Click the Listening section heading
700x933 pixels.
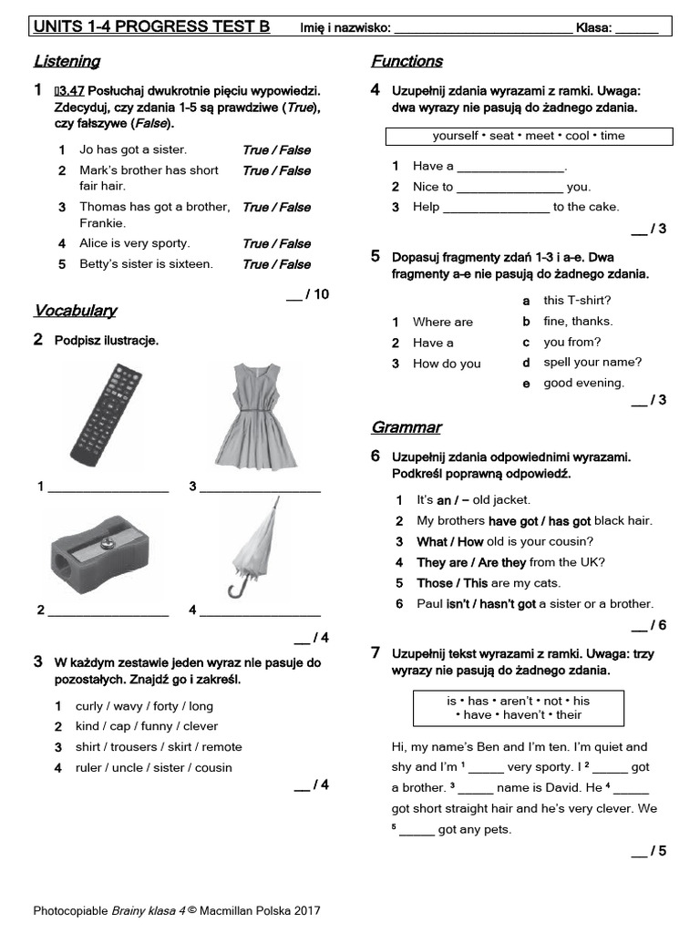coord(67,62)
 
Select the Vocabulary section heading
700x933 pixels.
coord(75,311)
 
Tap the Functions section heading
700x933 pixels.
coord(407,62)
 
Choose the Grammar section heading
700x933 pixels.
coord(406,427)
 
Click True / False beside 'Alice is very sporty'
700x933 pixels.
coord(276,244)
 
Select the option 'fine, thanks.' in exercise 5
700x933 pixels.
coord(578,321)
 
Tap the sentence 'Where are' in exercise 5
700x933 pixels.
coord(443,322)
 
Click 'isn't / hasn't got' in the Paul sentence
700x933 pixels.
coord(490,604)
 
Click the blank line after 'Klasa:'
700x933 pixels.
coord(636,29)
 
